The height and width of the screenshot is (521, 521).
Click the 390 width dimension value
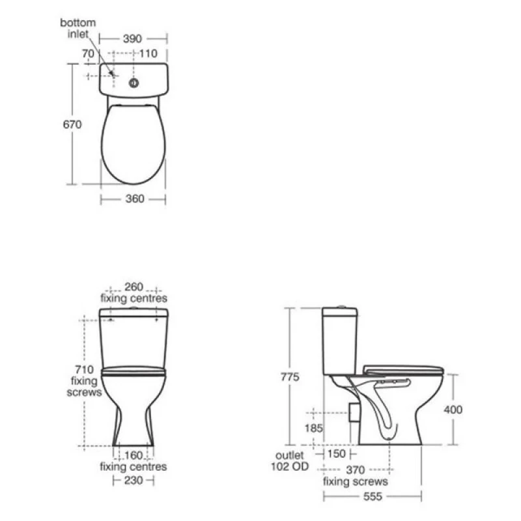coord(132,38)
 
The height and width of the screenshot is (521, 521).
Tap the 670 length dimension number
coord(72,124)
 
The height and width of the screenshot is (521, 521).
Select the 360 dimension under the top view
coord(135,199)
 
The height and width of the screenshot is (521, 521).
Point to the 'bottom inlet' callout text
coord(78,28)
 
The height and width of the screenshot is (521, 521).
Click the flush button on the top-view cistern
coord(134,83)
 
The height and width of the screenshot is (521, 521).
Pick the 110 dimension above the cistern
coord(148,53)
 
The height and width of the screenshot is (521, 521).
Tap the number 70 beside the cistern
coord(88,53)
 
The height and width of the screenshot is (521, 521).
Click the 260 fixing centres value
coord(134,287)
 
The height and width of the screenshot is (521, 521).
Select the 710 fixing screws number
coord(85,369)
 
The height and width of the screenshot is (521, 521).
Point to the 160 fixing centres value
coord(134,455)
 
